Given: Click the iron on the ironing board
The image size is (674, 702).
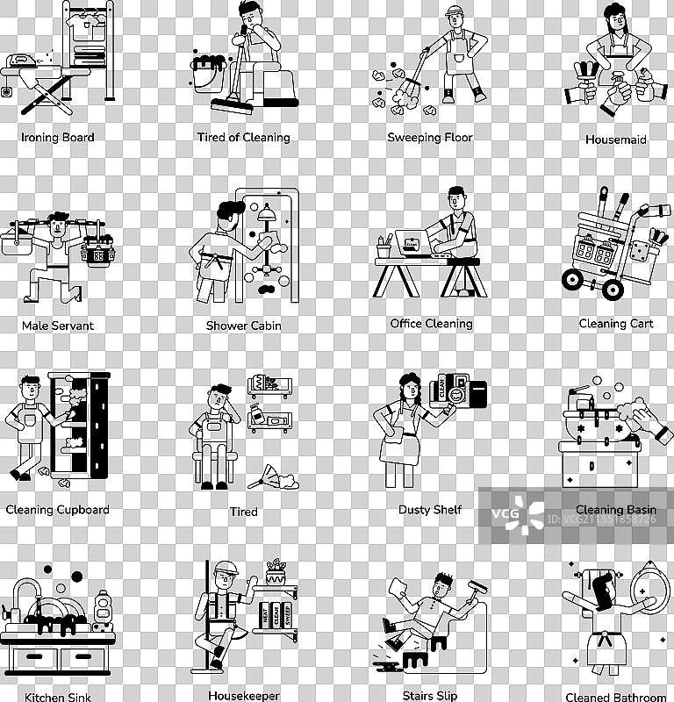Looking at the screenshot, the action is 21,61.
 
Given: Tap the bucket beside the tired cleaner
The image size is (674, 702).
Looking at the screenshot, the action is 208,74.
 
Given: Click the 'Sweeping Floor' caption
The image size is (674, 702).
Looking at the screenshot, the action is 430,138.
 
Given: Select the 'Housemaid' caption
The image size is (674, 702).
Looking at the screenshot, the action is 616,140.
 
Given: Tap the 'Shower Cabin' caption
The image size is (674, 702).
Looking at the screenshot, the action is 244,326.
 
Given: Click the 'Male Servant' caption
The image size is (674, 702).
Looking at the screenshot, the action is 58,326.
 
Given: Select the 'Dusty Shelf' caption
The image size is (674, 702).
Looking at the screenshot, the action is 430,510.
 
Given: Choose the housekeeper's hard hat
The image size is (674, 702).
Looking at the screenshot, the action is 226,568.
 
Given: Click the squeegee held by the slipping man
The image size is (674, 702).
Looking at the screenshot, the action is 477,589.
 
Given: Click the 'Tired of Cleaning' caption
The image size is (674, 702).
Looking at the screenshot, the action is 244,138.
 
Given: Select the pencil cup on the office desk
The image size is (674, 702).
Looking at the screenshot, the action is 384,247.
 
